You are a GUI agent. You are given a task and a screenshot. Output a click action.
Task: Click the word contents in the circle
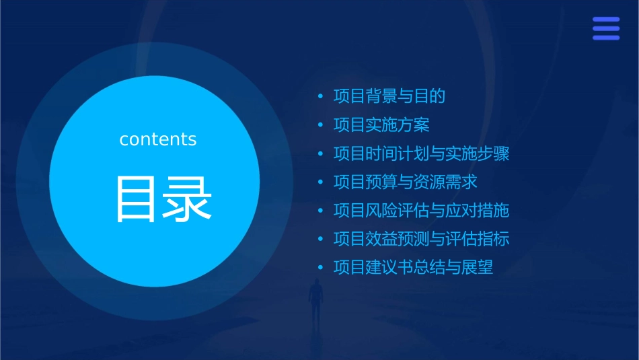(x=158, y=139)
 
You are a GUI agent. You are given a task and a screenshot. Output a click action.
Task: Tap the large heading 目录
(x=163, y=199)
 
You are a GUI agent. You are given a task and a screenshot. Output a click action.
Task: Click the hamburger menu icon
(x=605, y=29)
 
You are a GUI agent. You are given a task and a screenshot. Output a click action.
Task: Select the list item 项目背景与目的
(x=389, y=96)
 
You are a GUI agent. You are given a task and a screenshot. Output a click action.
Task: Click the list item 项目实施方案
(x=381, y=124)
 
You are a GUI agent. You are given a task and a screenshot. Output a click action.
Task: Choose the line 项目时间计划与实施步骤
(x=421, y=153)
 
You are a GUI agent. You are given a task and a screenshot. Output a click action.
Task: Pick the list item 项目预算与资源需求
(x=405, y=182)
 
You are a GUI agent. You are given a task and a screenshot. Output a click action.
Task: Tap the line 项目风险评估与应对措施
(x=421, y=211)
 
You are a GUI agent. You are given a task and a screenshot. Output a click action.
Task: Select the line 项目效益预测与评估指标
(x=421, y=239)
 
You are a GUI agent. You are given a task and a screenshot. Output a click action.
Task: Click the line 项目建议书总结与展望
(x=413, y=267)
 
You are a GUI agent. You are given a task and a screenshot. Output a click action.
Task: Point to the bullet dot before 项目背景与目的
(x=321, y=97)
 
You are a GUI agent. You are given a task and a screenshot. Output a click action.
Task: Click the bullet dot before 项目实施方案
(x=321, y=125)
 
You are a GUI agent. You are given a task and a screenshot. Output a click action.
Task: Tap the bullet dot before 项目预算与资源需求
(x=321, y=182)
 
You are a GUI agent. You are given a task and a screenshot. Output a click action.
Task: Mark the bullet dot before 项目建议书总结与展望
(x=321, y=268)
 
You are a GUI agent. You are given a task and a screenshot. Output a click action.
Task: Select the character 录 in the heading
(x=189, y=199)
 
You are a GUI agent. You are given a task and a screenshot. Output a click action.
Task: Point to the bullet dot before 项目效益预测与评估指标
(x=321, y=240)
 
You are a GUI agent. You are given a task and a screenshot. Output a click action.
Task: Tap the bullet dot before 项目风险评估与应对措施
(x=321, y=211)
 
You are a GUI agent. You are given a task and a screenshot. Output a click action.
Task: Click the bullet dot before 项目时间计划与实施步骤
(x=321, y=154)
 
